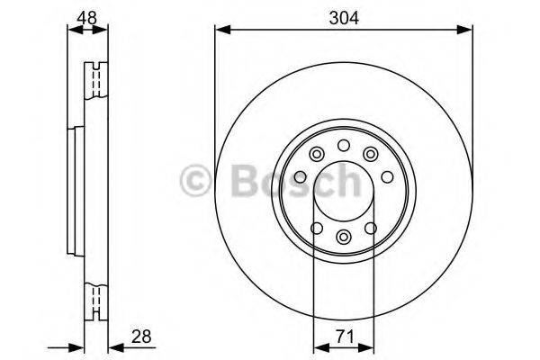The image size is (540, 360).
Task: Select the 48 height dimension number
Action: pyautogui.click(x=86, y=15)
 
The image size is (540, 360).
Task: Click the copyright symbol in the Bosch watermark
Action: pyautogui.click(x=196, y=184)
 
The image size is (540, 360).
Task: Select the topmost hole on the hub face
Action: pyautogui.click(x=343, y=147)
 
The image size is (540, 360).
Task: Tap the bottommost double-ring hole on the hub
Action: pyautogui.click(x=343, y=237)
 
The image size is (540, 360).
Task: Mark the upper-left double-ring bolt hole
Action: pyautogui.click(x=315, y=155)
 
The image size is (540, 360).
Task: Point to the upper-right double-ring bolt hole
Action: pyautogui.click(x=371, y=155)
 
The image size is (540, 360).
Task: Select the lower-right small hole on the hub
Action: pyautogui.click(x=371, y=228)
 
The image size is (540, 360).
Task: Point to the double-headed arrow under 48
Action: pyautogui.click(x=86, y=31)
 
